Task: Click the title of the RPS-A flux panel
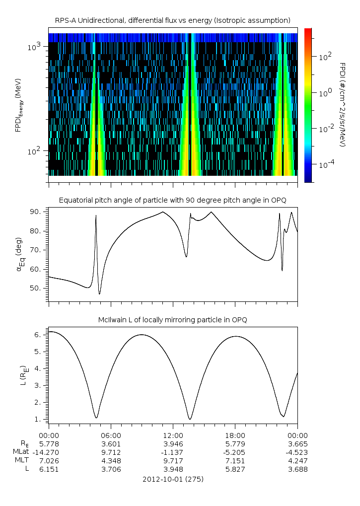coord(173,20)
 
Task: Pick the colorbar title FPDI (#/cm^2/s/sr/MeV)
coord(342,104)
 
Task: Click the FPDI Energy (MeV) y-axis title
coord(18,104)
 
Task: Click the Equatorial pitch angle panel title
coord(173,200)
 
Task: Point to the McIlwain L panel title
coord(173,319)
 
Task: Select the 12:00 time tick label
coord(173,434)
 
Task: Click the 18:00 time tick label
coord(235,434)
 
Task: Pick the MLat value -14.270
coord(49,452)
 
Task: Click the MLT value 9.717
coord(173,460)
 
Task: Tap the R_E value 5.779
coord(235,443)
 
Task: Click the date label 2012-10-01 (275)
coord(173,479)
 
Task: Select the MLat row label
coord(22,452)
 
